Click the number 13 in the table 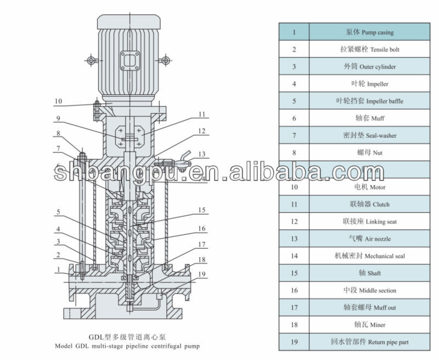(294, 239)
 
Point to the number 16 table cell (294, 290)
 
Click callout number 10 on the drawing (59, 102)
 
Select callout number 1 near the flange (57, 269)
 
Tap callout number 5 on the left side (58, 212)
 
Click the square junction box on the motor (131, 59)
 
